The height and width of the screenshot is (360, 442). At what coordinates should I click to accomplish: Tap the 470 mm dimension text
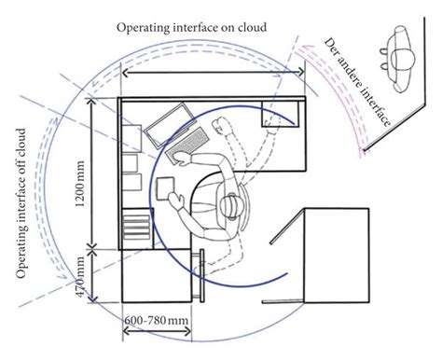tap(81, 274)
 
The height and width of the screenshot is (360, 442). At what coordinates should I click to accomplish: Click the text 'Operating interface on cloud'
tap(192, 28)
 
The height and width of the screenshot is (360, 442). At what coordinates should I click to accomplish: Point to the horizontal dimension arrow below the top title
tap(214, 73)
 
